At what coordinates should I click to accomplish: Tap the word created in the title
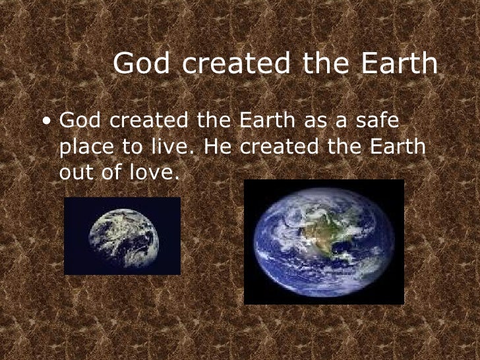click(x=231, y=64)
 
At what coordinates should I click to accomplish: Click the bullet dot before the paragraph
click(x=45, y=123)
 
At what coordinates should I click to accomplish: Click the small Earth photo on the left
click(x=122, y=235)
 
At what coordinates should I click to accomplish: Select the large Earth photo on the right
click(x=324, y=242)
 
